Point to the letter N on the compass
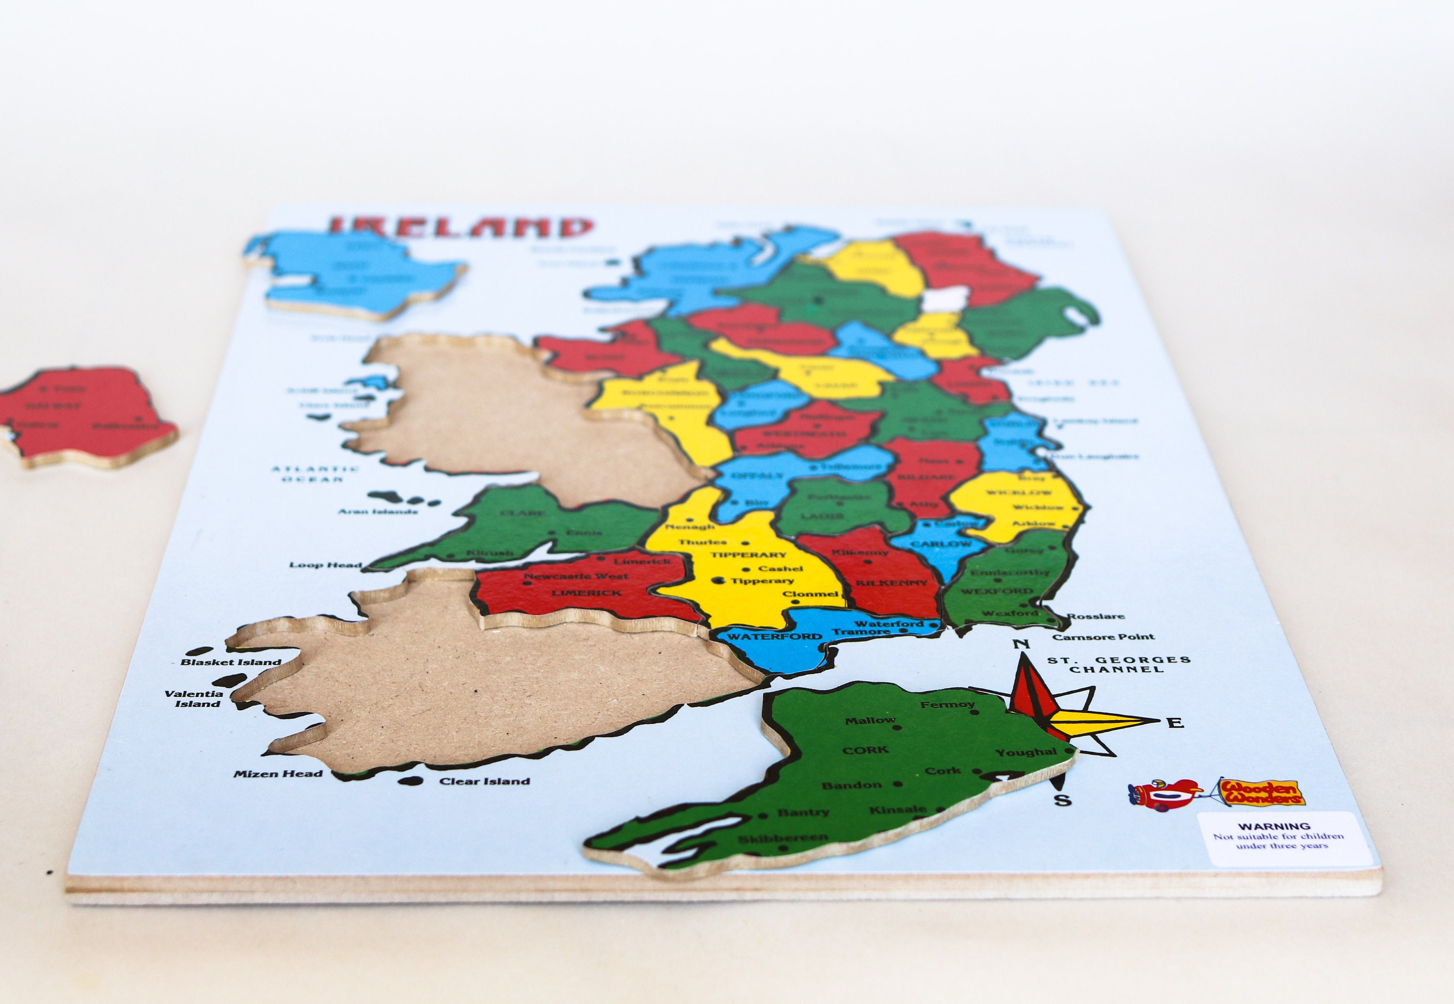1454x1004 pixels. pos(1021,644)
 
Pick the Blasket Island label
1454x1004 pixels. pos(230,662)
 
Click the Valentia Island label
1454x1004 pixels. pos(194,699)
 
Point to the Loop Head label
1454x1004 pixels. pos(325,565)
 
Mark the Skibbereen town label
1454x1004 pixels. pos(783,839)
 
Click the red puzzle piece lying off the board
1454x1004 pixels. pos(85,415)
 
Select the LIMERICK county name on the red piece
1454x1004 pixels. pos(586,593)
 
